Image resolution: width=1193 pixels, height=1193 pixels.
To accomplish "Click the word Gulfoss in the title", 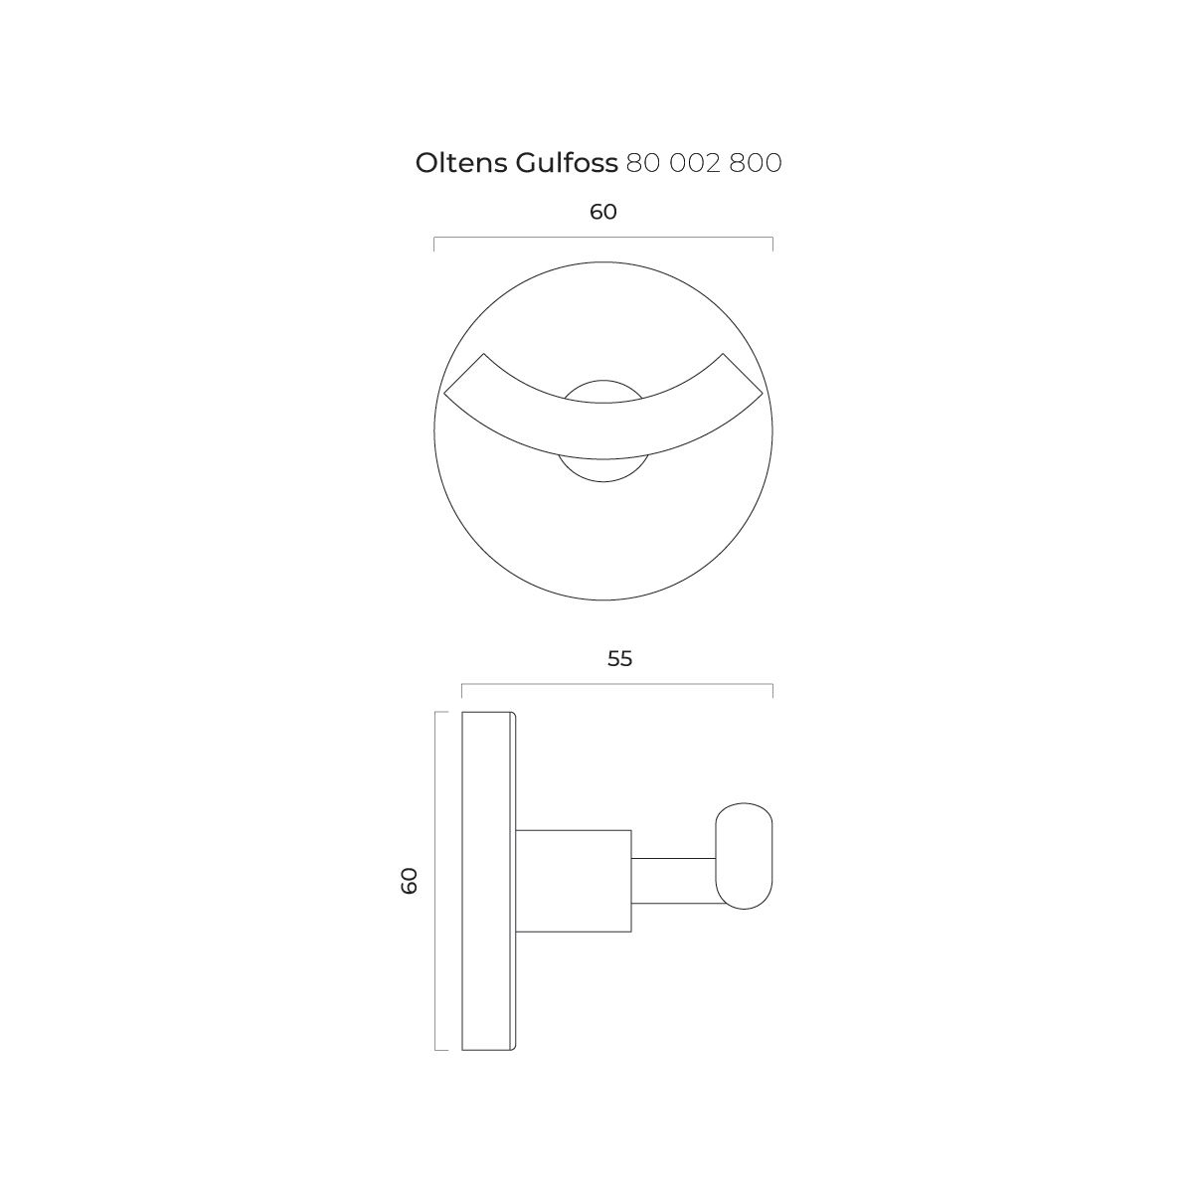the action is point(567,163).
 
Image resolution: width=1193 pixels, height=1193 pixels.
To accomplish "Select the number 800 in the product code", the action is point(756,163).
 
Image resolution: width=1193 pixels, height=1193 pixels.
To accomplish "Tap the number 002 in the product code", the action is point(694,163).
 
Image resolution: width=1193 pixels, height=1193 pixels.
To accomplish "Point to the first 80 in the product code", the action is point(642,163).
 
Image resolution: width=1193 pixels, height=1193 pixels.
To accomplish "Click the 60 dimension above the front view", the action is point(603,212).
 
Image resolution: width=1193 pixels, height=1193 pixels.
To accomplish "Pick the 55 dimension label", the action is point(619,659).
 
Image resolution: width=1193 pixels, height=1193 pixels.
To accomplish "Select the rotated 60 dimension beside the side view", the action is point(410,881).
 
